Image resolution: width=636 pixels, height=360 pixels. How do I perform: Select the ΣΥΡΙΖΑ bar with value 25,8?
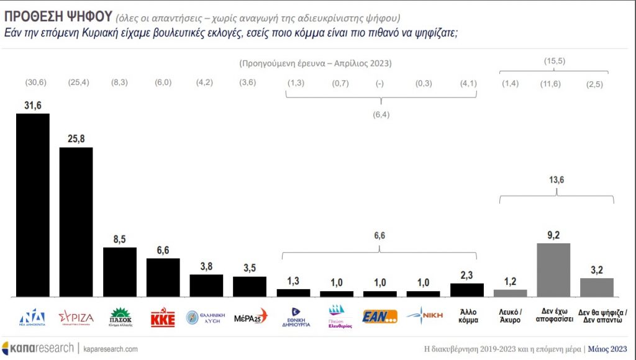pyautogui.click(x=76, y=222)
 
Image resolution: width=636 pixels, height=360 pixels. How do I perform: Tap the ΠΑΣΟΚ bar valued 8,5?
pyautogui.click(x=119, y=272)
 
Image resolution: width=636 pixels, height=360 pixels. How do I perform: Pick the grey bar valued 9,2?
pyautogui.click(x=553, y=270)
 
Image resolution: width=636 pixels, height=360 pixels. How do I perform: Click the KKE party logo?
pyautogui.click(x=163, y=318)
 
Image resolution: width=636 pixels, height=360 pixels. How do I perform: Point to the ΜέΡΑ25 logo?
pyautogui.click(x=250, y=317)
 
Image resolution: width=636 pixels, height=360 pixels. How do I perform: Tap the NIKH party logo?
pyautogui.click(x=424, y=317)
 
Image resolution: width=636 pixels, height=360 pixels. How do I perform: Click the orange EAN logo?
pyautogui.click(x=379, y=317)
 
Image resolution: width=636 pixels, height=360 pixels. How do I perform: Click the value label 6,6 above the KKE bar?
pyautogui.click(x=163, y=250)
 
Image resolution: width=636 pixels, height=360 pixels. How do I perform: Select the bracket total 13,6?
pyautogui.click(x=556, y=180)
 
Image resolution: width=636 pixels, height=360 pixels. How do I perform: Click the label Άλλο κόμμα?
pyautogui.click(x=467, y=317)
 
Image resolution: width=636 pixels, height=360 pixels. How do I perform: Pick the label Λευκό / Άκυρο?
pyautogui.click(x=510, y=317)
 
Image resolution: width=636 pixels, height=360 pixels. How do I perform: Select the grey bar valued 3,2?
pyautogui.click(x=597, y=287)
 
